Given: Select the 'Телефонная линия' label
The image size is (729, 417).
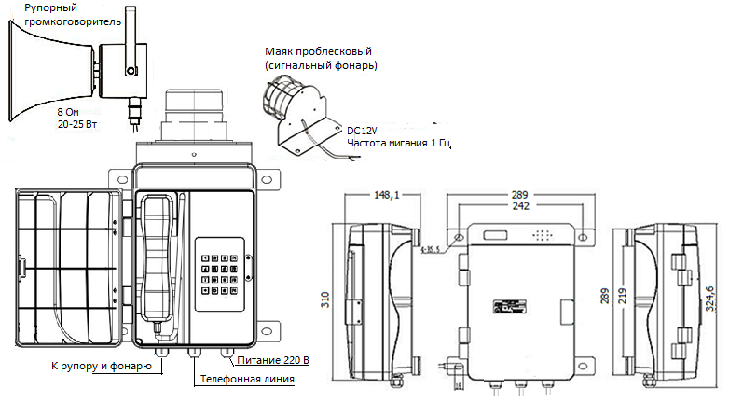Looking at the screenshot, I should (247, 380).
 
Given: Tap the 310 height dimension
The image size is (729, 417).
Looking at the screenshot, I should (325, 299).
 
